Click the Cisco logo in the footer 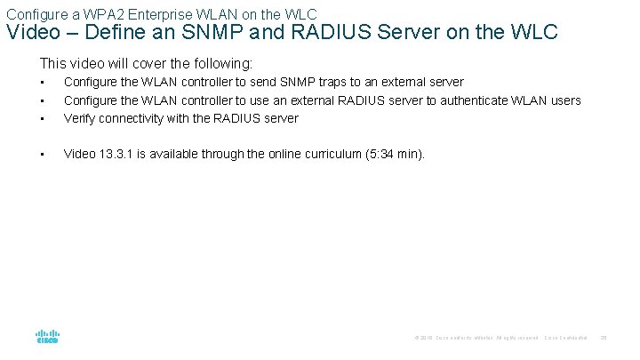(47, 338)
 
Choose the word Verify (81, 118)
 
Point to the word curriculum (316, 154)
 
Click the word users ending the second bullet (564, 100)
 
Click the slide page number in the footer (603, 338)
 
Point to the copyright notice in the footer (475, 338)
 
